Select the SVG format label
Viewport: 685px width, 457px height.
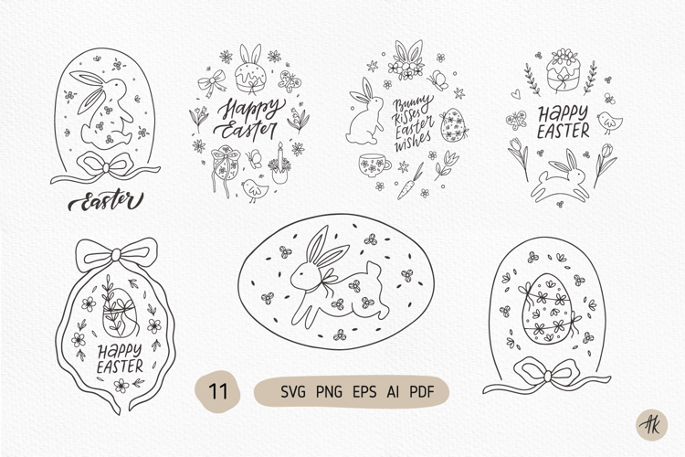[x=293, y=393]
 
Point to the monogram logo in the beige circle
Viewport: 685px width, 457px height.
[x=650, y=424]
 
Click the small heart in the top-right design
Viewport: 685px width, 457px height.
[x=517, y=92]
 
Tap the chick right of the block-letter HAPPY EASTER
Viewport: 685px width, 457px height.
[x=606, y=122]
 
